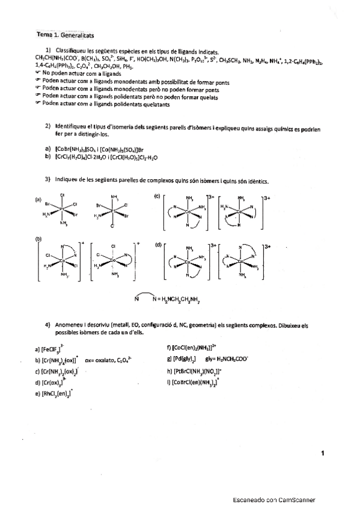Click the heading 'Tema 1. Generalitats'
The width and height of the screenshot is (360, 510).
66,36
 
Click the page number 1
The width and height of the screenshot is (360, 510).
323,453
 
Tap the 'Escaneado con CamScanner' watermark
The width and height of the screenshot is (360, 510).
274,500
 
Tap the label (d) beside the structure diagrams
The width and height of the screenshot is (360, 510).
158,245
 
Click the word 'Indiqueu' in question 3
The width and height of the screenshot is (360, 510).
65,180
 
